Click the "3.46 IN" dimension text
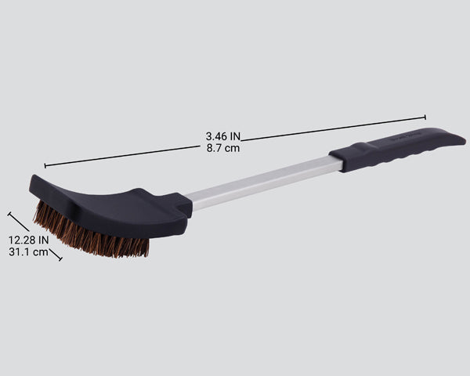tap(223, 136)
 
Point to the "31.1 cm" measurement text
tap(29, 252)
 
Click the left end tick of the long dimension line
tap(45, 165)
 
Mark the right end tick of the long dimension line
tap(425, 117)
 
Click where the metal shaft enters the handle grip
tap(337, 162)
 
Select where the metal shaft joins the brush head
tap(191, 204)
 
